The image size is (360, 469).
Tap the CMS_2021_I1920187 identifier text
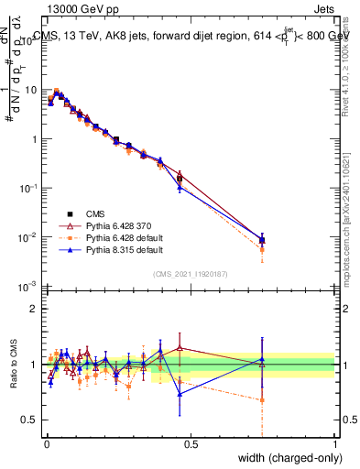pyautogui.click(x=191, y=273)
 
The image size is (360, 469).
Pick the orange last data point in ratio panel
pyautogui.click(x=263, y=399)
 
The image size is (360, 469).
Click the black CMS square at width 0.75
pyautogui.click(x=263, y=240)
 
